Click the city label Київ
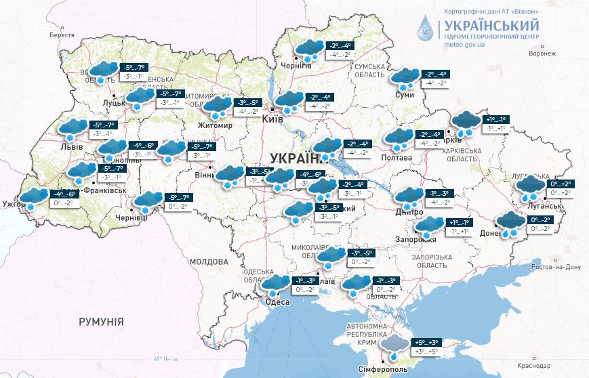pyautogui.click(x=272, y=119)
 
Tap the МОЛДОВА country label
pyautogui.click(x=209, y=261)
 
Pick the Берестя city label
pyautogui.click(x=62, y=35)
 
